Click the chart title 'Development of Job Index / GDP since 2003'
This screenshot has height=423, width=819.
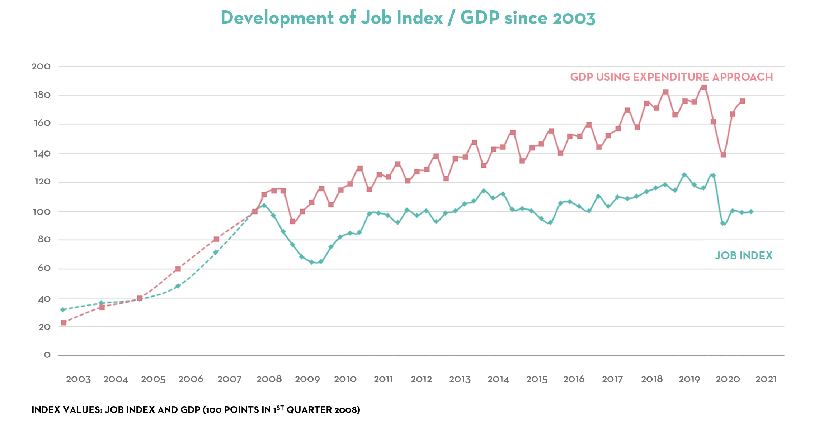(x=408, y=18)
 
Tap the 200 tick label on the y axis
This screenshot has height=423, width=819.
(x=41, y=67)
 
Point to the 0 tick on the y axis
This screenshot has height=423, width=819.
(x=47, y=355)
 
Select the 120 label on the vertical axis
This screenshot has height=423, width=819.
(x=42, y=182)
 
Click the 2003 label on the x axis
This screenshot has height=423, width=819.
(x=78, y=379)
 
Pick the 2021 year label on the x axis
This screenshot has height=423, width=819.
(x=766, y=379)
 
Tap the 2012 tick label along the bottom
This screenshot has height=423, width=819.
(x=421, y=379)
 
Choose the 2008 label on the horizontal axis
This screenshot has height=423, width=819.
(x=269, y=379)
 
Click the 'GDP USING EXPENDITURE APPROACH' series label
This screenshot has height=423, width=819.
(x=671, y=77)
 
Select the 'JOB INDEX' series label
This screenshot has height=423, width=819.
(x=743, y=256)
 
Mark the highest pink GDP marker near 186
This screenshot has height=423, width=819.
(x=704, y=87)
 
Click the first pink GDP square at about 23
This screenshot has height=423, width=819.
(x=63, y=323)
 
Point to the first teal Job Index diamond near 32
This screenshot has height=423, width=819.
(x=63, y=309)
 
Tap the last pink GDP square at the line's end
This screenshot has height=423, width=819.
(x=743, y=101)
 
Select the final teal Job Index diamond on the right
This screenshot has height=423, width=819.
(x=751, y=212)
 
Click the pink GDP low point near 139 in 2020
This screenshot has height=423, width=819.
(x=723, y=155)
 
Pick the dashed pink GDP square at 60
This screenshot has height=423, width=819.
(x=178, y=269)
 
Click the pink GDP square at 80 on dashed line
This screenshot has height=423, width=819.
(x=216, y=239)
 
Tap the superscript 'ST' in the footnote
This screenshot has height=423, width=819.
(x=280, y=407)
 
